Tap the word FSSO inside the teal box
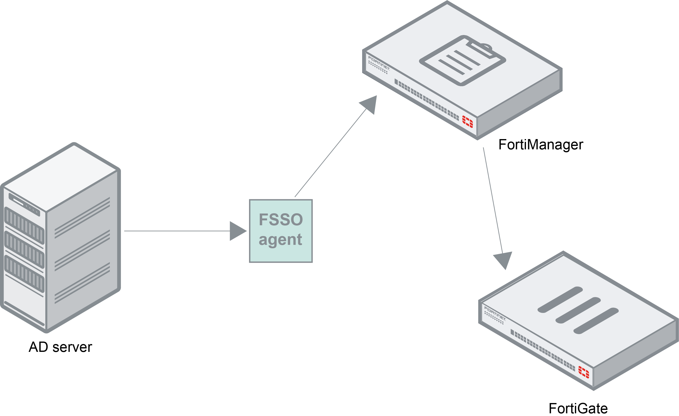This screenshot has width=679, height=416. click(x=281, y=220)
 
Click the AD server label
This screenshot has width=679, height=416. click(x=60, y=347)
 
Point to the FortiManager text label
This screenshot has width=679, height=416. click(x=541, y=145)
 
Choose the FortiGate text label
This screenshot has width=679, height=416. click(x=578, y=408)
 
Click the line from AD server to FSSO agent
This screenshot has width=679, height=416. click(x=176, y=231)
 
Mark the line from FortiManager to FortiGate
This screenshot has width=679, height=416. click(x=493, y=201)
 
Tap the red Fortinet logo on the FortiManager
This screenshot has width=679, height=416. click(x=467, y=121)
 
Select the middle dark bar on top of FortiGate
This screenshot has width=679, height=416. click(x=578, y=310)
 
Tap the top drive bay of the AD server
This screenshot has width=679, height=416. click(x=24, y=225)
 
